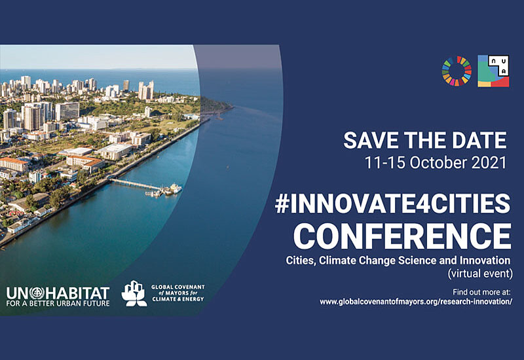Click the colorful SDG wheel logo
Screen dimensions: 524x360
tap(457, 71)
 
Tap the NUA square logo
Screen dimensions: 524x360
tap(493, 71)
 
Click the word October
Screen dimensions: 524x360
tap(438, 163)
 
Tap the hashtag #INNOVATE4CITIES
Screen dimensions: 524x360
tap(392, 204)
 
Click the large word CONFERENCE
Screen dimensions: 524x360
tap(402, 236)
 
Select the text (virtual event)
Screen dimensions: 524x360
tap(480, 274)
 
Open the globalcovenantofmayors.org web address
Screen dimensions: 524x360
tap(416, 302)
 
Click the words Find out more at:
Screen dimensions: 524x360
tap(481, 292)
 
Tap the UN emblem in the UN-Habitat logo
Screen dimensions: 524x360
tap(37, 293)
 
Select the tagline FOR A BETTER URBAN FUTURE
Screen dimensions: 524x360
tap(58, 304)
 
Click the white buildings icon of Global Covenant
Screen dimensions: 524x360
tap(134, 293)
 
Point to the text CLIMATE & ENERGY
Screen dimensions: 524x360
tap(178, 299)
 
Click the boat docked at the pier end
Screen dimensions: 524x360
tap(174, 189)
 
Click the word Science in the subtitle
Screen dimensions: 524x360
tap(417, 260)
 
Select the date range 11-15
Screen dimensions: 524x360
tap(385, 163)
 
